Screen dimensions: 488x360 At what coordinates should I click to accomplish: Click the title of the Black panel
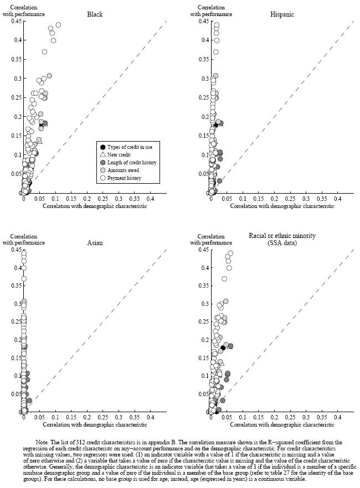point(95,14)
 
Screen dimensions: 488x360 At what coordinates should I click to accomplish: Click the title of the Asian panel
point(95,242)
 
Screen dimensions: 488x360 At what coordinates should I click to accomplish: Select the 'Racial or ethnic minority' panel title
point(282,236)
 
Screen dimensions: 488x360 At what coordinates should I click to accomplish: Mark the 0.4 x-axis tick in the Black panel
point(150,198)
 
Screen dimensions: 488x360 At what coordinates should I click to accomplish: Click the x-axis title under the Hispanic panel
point(282,206)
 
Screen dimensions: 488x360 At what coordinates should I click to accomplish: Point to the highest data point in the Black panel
point(58,25)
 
